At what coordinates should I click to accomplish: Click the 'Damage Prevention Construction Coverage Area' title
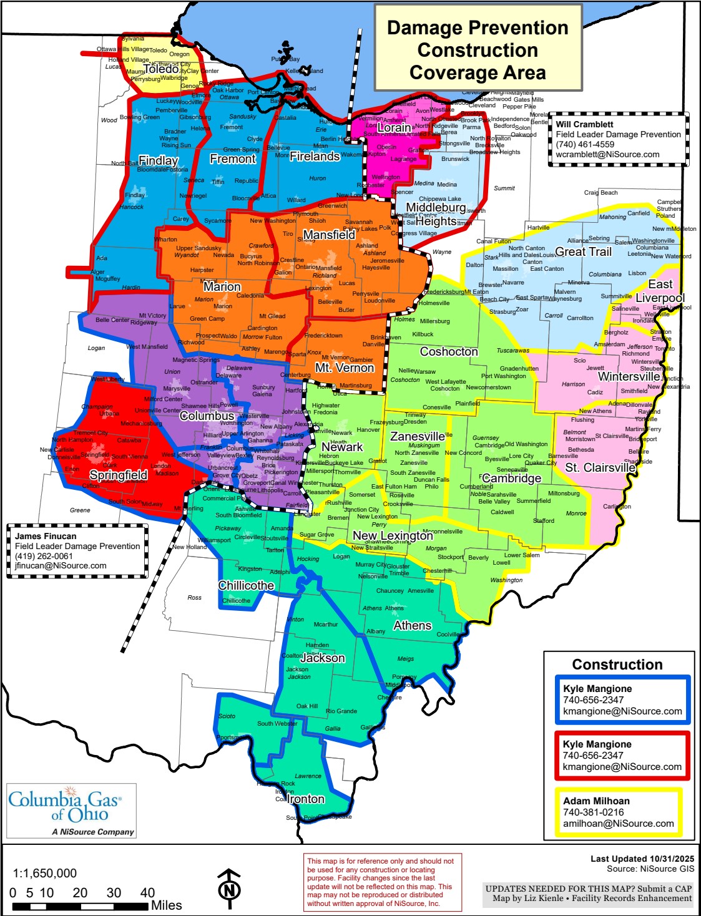tap(478, 50)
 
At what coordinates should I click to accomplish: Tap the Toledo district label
tap(161, 69)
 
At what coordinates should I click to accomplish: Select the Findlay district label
tap(158, 160)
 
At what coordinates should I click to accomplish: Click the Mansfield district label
tap(329, 235)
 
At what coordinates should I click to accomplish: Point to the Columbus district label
tap(207, 416)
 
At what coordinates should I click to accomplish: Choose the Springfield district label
tap(119, 475)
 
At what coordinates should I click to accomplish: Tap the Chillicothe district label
tap(246, 585)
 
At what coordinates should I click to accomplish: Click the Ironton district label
tap(305, 799)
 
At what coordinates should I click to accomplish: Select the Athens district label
tap(412, 625)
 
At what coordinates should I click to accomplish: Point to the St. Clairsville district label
tap(600, 467)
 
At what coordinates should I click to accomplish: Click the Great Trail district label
tap(583, 251)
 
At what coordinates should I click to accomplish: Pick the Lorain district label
tap(395, 127)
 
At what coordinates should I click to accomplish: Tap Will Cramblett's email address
tap(607, 154)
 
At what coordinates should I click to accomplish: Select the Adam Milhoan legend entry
tap(618, 812)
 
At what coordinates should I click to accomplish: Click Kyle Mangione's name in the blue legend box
tap(597, 689)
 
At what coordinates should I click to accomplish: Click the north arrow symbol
tap(229, 886)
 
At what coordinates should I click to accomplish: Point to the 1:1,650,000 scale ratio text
tap(45, 873)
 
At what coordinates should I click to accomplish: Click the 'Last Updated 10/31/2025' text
tap(642, 859)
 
